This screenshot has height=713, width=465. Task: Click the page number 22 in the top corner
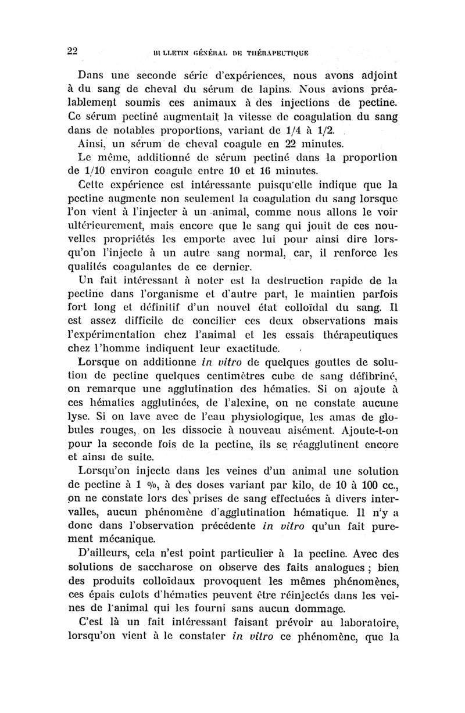[71, 50]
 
